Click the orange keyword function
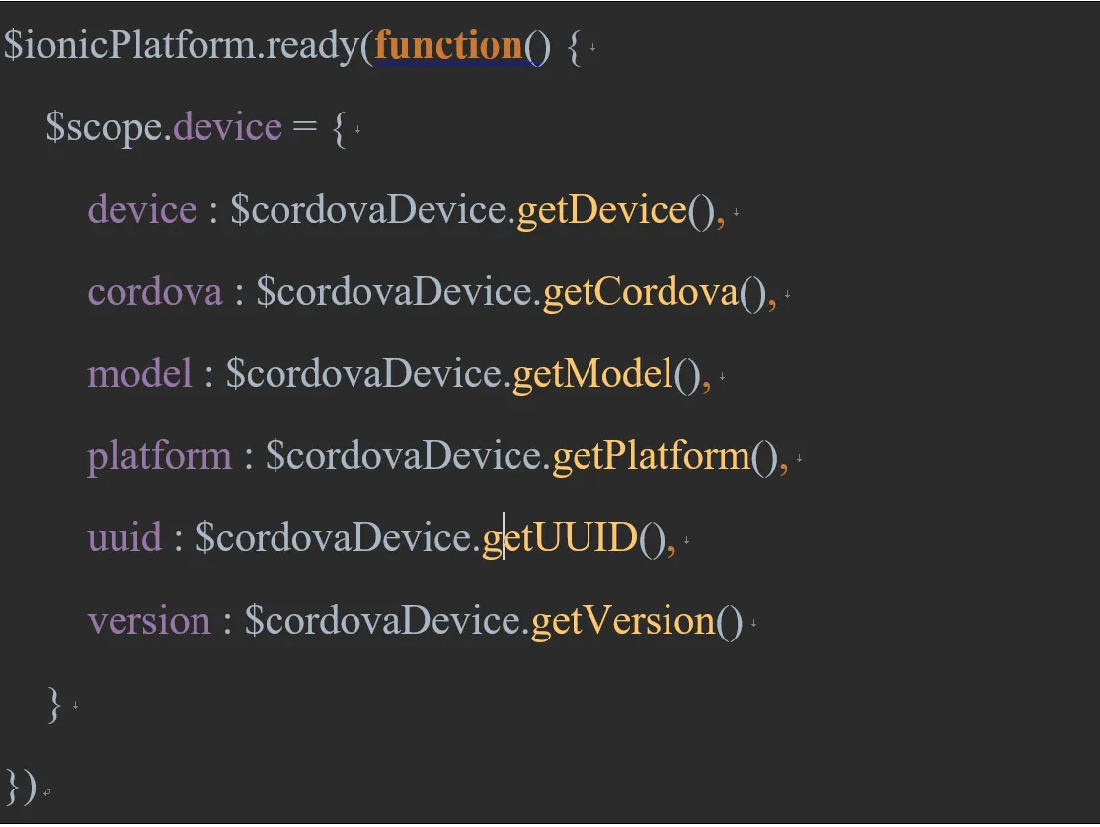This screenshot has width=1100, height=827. tap(448, 45)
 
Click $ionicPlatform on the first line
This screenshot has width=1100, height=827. tap(129, 46)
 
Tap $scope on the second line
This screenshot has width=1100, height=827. tap(105, 128)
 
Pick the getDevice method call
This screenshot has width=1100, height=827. tap(601, 210)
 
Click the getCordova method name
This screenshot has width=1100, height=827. tap(640, 292)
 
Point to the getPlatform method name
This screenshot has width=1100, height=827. tap(651, 456)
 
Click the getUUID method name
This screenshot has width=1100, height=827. tap(560, 538)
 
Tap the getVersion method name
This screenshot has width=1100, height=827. tap(623, 620)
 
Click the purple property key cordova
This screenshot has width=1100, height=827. tap(155, 292)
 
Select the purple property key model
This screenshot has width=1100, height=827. tap(139, 374)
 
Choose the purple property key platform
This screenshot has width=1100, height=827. tap(160, 456)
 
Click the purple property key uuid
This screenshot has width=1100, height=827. tap(124, 538)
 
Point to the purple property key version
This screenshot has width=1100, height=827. tap(149, 620)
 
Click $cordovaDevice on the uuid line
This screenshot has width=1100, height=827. tap(337, 538)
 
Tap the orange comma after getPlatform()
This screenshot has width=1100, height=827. tap(784, 460)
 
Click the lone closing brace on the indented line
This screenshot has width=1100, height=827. tap(54, 704)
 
